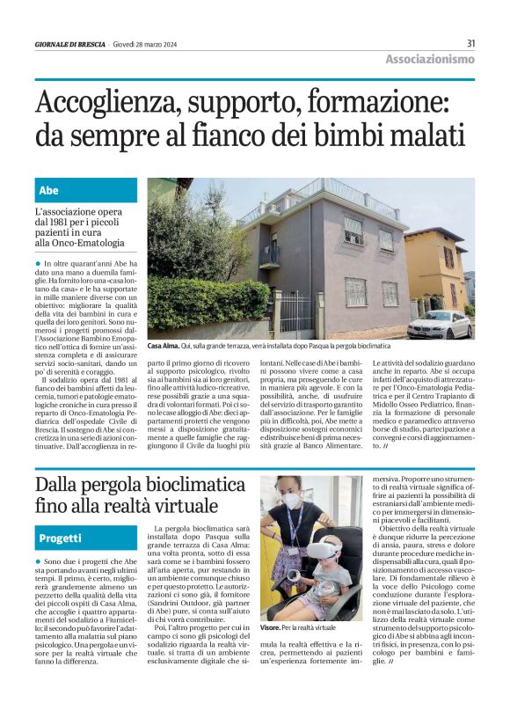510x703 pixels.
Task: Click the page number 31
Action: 470,42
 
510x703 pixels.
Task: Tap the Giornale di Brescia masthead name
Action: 69,43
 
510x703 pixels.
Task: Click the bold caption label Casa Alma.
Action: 164,348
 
